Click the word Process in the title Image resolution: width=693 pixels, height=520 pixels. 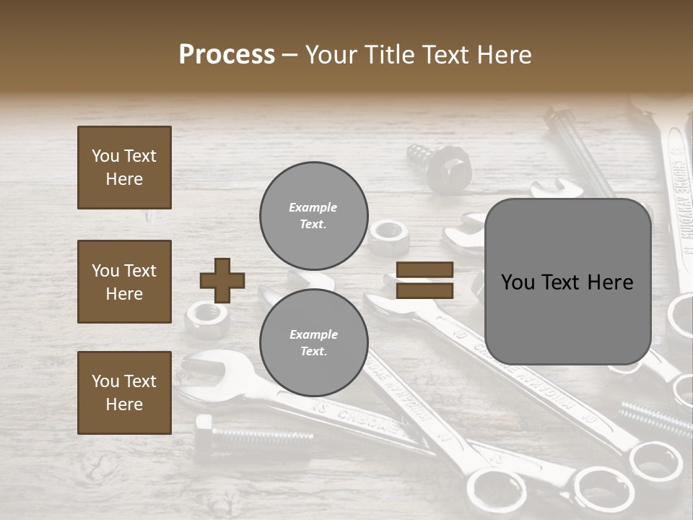click(x=227, y=55)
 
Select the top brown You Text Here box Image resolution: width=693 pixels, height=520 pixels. click(x=124, y=168)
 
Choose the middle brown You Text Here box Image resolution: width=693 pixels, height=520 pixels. click(x=124, y=282)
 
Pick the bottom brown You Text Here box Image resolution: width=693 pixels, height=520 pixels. click(x=124, y=392)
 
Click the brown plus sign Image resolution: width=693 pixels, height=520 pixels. click(x=222, y=280)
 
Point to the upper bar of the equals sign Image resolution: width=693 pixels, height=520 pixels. click(x=424, y=270)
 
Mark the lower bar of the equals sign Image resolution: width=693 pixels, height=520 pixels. click(x=424, y=290)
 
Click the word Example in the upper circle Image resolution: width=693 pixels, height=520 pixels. click(x=313, y=207)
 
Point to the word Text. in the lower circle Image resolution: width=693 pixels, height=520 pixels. click(x=313, y=352)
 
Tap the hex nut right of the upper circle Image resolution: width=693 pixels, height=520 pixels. click(x=387, y=233)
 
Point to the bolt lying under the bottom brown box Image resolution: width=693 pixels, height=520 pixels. click(x=253, y=435)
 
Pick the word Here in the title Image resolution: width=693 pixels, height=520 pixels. click(x=503, y=55)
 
